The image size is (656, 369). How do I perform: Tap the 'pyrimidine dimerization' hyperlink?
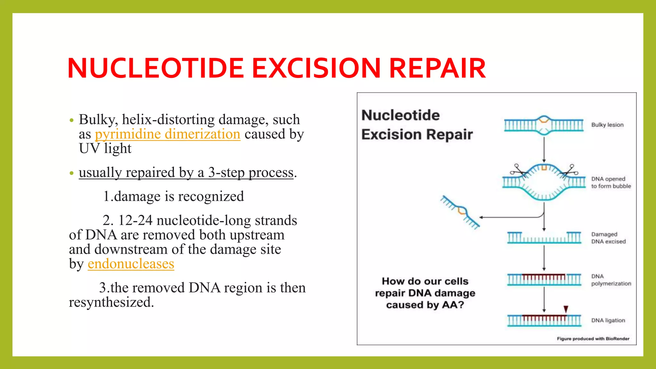tap(168, 134)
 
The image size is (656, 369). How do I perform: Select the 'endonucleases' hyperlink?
tap(131, 264)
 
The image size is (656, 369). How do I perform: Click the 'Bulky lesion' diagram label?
tap(607, 125)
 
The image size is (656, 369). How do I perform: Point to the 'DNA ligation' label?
tap(608, 320)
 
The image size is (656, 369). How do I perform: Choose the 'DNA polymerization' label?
tap(611, 280)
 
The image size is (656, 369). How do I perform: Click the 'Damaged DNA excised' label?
tap(608, 238)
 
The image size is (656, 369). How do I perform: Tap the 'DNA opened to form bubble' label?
tap(611, 183)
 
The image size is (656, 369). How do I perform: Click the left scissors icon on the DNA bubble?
tap(518, 170)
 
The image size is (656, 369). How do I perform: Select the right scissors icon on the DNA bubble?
tap(570, 170)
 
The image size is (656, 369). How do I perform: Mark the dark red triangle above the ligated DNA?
tap(566, 309)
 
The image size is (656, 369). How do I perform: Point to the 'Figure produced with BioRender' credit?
tap(593, 339)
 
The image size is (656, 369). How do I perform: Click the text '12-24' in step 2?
tap(135, 221)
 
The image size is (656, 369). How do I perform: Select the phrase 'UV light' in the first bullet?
tap(105, 149)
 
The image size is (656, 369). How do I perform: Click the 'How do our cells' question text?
tap(425, 281)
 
